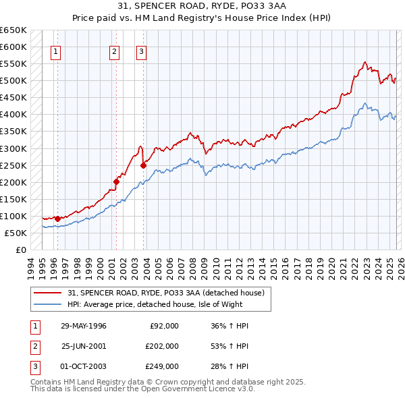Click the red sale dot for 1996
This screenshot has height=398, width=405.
coord(57,218)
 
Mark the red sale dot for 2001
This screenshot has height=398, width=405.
coord(116,181)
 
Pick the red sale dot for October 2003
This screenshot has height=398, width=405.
coord(143,165)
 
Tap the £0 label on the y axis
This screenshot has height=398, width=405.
coord(20,250)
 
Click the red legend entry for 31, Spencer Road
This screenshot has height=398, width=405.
coord(169,293)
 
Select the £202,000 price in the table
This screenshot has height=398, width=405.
coord(162,345)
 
